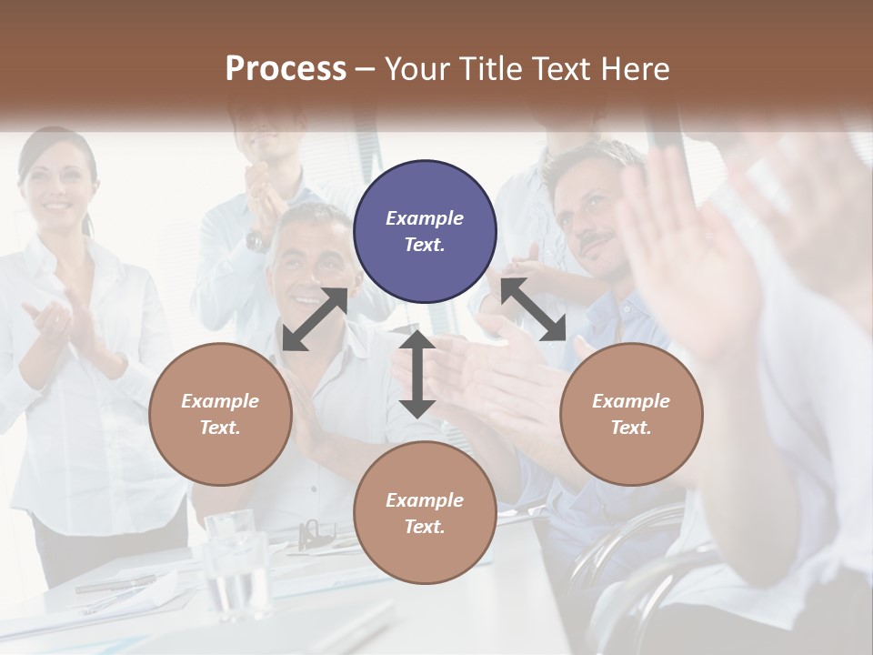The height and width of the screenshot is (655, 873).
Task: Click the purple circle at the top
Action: click(425, 232)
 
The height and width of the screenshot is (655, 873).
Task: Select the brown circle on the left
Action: click(220, 414)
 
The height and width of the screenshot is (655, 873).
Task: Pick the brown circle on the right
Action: click(631, 414)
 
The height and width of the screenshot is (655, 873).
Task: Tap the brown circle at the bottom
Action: click(425, 513)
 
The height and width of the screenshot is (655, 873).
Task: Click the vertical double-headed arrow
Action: click(417, 373)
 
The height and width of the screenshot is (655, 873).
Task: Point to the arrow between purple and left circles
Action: click(316, 318)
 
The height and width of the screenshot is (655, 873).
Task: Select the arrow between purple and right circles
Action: click(533, 309)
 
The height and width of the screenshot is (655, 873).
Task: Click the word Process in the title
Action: click(286, 69)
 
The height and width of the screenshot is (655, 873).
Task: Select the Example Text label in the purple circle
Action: click(425, 231)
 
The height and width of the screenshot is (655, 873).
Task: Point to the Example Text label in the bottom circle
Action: click(425, 513)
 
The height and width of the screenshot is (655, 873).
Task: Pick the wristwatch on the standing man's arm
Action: click(257, 241)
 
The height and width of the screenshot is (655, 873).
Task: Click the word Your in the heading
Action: click(419, 69)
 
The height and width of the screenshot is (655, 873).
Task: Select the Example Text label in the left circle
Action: click(220, 414)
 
